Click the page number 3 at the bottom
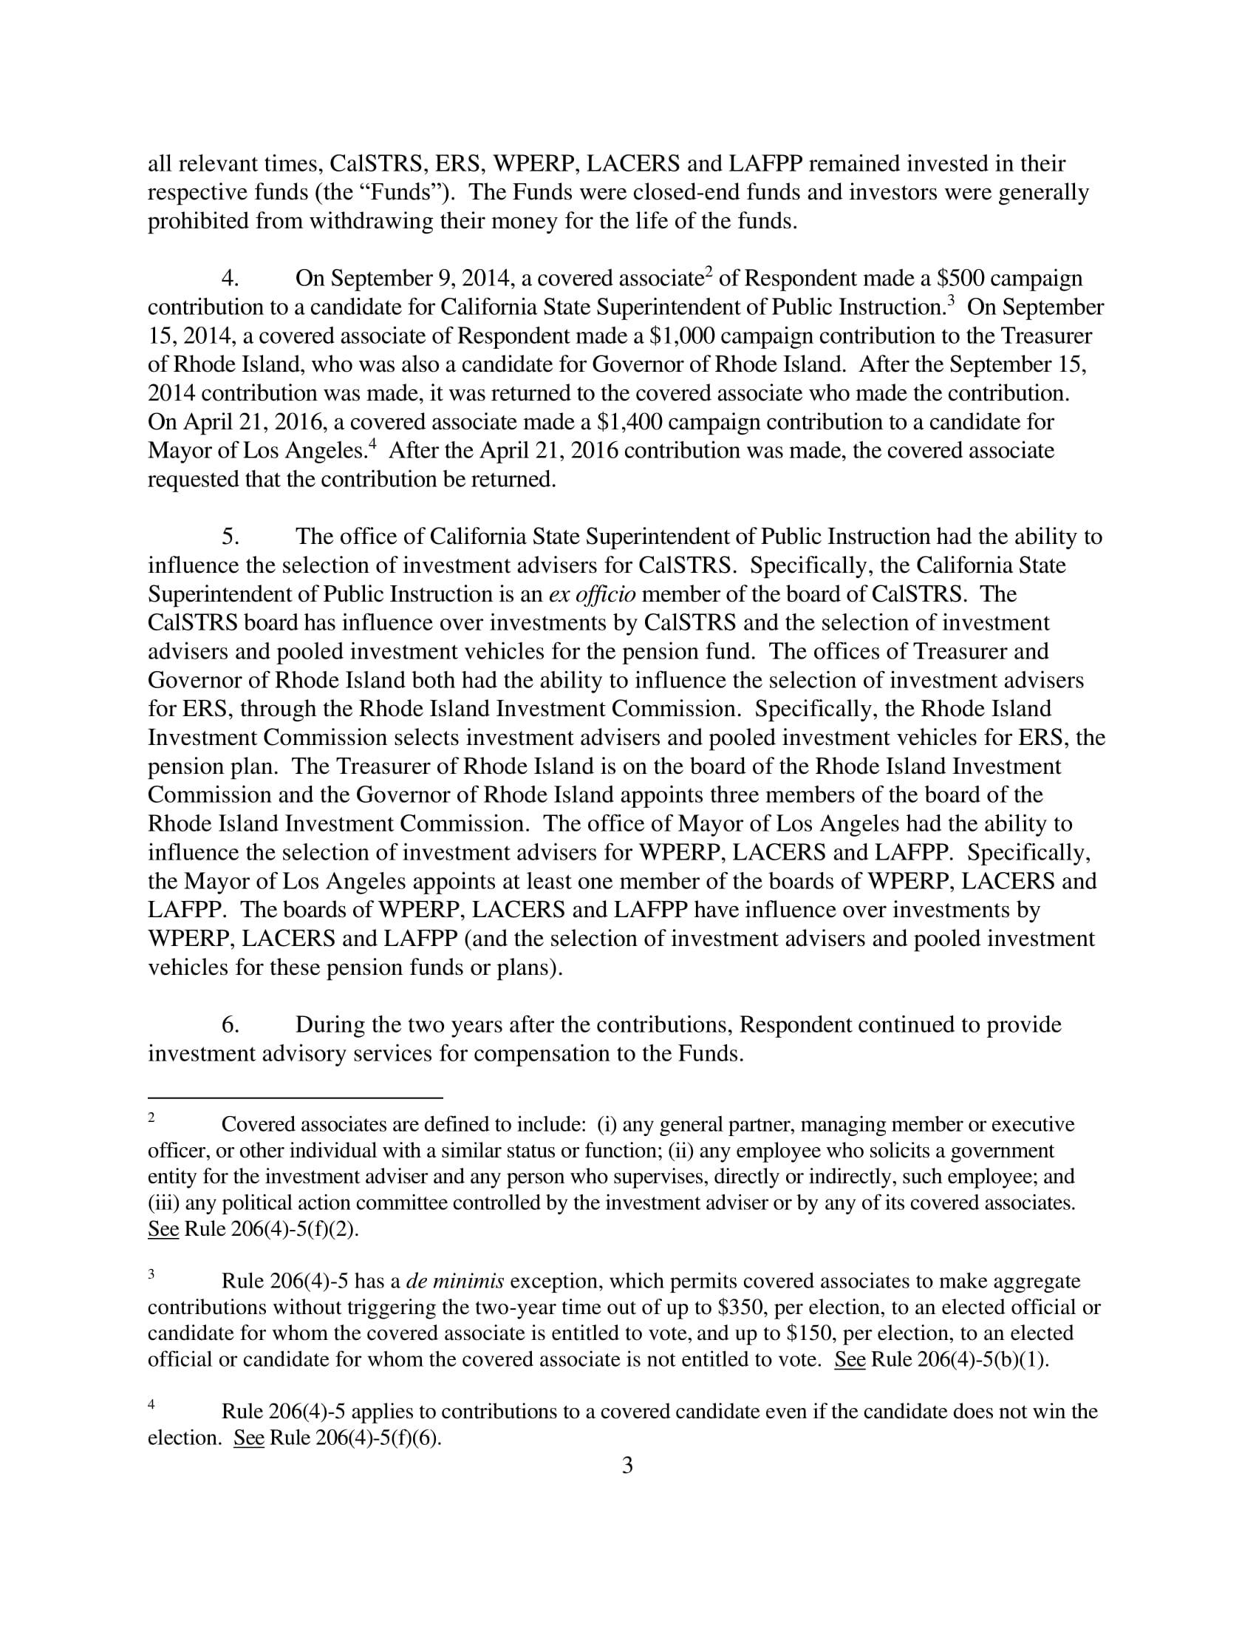pos(627,1465)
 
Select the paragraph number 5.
pos(230,537)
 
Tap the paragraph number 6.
pos(230,1025)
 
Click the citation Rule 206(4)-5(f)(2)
pos(272,1228)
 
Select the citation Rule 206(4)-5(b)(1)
pos(960,1358)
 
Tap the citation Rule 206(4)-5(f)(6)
pos(355,1437)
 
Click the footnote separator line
pos(296,1098)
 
